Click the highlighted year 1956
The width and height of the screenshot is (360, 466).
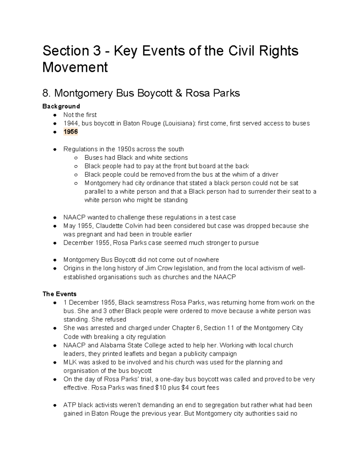tap(70, 132)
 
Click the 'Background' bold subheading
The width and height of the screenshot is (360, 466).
tap(61, 106)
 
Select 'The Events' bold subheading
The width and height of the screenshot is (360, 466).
tap(59, 294)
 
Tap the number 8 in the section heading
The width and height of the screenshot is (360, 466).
tap(45, 93)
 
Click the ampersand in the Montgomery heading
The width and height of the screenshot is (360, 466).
tap(178, 93)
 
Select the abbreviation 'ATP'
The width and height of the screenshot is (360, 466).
tap(69, 405)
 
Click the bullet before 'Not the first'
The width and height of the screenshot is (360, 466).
tap(55, 115)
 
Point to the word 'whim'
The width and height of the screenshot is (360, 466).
tap(238, 175)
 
